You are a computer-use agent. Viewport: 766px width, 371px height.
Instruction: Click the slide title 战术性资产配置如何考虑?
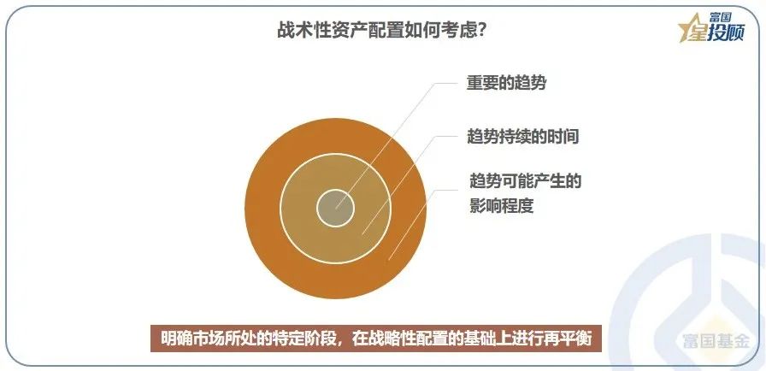pyautogui.click(x=381, y=32)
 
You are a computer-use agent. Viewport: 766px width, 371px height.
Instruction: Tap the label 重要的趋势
pyautogui.click(x=506, y=83)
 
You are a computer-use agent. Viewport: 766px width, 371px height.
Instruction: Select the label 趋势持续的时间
pyautogui.click(x=522, y=136)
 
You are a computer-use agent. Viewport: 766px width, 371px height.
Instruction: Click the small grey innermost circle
pyautogui.click(x=335, y=209)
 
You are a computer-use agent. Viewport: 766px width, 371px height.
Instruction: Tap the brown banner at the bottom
pyautogui.click(x=376, y=339)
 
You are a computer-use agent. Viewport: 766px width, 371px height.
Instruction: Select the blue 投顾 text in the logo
pyautogui.click(x=728, y=33)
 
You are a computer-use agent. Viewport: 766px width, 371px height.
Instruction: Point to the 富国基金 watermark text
pyautogui.click(x=716, y=341)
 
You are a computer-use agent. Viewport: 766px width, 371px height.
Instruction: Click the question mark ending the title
pyautogui.click(x=480, y=32)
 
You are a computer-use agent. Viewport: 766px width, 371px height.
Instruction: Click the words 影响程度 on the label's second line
pyautogui.click(x=502, y=206)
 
